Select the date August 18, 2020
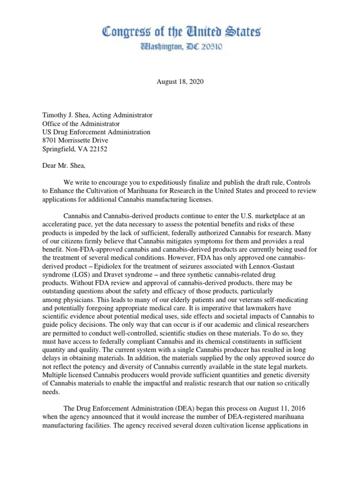180,82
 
